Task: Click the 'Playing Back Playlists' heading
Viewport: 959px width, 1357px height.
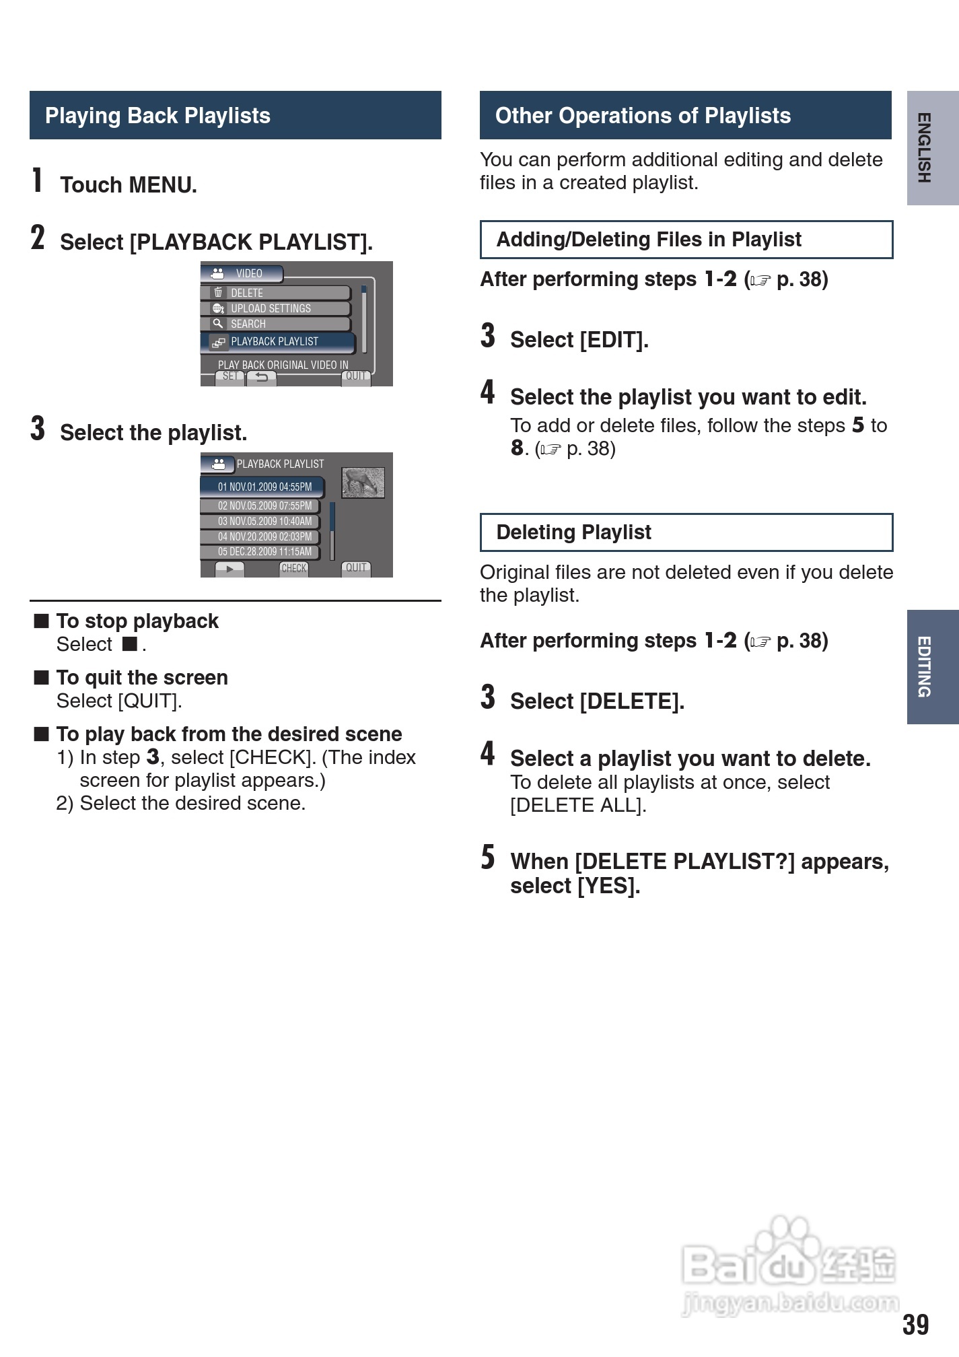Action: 157,116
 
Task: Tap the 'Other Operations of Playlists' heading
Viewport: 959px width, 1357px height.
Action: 643,116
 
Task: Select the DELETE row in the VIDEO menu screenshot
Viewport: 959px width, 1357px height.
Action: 276,293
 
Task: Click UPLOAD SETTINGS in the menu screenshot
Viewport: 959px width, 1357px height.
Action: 276,308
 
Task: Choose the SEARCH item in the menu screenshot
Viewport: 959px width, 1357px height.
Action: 276,324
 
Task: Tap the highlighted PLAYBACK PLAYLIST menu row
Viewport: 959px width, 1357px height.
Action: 277,342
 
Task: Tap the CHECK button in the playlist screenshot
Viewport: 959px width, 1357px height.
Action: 293,568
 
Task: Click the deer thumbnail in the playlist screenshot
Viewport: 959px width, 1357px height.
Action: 363,483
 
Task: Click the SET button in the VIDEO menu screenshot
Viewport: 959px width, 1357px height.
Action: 229,377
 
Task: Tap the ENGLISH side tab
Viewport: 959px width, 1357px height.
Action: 932,147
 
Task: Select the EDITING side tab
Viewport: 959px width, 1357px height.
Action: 932,666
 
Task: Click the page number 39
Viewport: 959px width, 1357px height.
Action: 915,1325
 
